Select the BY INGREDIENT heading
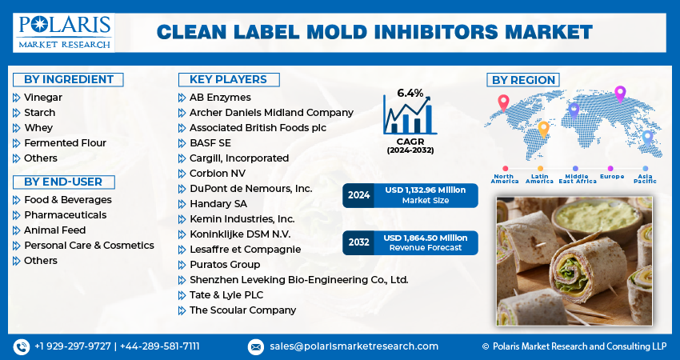(69, 79)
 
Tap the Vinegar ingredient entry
(43, 97)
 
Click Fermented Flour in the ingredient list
(65, 142)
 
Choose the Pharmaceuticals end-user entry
(65, 214)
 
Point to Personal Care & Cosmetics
(89, 245)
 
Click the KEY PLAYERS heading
(228, 79)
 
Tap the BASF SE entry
(209, 142)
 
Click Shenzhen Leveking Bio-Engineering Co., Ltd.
(298, 279)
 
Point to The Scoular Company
(242, 310)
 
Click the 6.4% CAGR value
(410, 93)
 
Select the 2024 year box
(359, 195)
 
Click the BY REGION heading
(523, 79)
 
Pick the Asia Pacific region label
(646, 178)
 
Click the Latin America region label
(539, 178)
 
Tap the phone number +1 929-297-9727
(73, 346)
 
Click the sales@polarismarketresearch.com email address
(353, 346)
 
